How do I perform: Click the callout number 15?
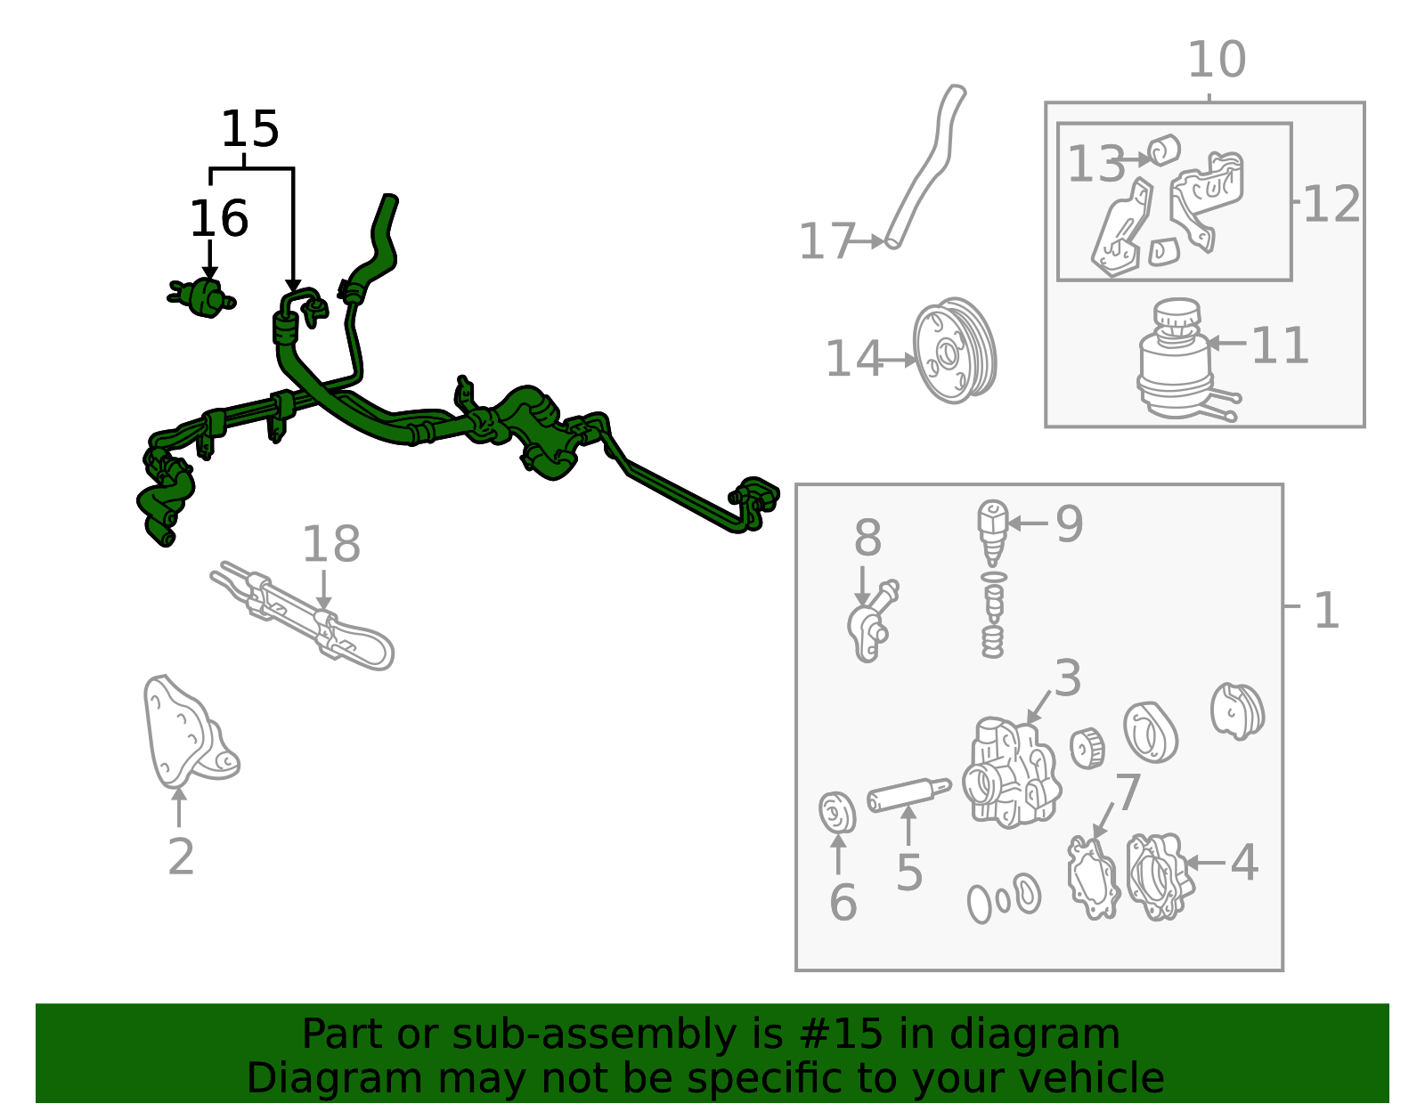[x=250, y=129]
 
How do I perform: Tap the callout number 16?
[x=219, y=219]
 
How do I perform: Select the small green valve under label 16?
[x=202, y=298]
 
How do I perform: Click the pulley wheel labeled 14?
[x=955, y=351]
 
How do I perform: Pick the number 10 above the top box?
[x=1217, y=60]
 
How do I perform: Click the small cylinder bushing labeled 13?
[x=1164, y=150]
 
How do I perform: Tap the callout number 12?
[x=1331, y=205]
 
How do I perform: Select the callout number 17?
[x=827, y=241]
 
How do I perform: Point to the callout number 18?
[x=331, y=544]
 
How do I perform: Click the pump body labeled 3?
[x=1012, y=772]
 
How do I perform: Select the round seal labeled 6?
[x=837, y=813]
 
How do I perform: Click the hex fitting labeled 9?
[x=992, y=532]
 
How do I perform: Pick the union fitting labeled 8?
[x=872, y=621]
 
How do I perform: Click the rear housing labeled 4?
[x=1160, y=877]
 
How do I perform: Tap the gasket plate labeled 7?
[x=1093, y=878]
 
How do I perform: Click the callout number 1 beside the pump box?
[x=1327, y=612]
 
